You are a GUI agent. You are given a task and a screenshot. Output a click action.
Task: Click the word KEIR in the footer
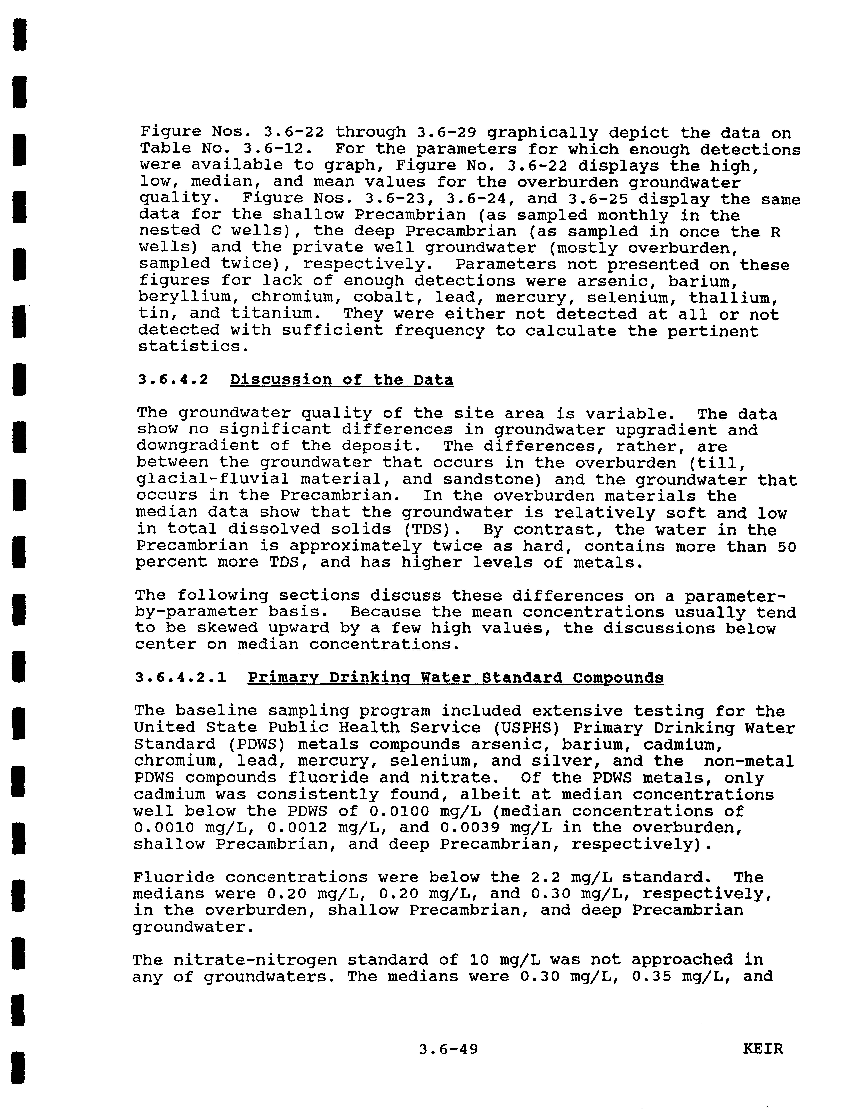(763, 1049)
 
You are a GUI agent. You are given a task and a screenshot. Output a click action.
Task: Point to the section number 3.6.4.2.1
(181, 678)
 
